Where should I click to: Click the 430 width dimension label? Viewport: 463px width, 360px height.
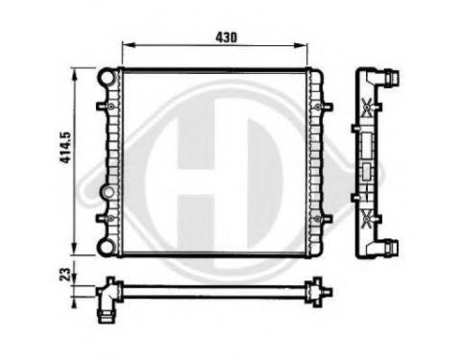tap(226, 37)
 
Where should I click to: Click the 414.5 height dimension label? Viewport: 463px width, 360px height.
tap(65, 147)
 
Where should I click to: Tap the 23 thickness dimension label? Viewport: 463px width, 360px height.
tap(64, 275)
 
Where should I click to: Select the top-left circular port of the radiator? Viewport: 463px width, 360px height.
tap(107, 77)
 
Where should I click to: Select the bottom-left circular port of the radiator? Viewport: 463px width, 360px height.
tap(106, 247)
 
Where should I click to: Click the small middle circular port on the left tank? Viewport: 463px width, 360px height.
tap(109, 192)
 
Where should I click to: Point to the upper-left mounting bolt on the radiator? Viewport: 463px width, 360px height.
tap(110, 107)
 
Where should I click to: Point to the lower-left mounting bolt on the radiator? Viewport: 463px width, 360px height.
tap(110, 218)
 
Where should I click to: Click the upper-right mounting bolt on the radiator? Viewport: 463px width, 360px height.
tap(318, 107)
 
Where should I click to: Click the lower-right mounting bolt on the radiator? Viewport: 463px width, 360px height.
tap(317, 219)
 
